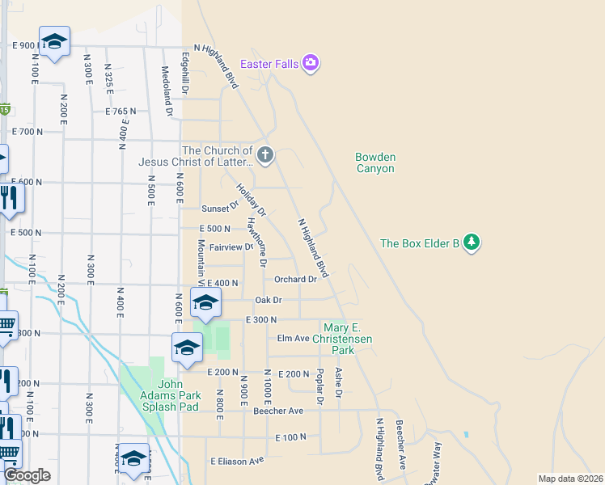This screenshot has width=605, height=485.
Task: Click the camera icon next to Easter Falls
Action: click(311, 63)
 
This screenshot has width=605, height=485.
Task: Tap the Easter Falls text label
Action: click(269, 63)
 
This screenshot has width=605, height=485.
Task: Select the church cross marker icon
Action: click(265, 154)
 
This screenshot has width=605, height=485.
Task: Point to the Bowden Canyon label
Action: click(375, 162)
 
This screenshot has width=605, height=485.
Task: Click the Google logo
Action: click(27, 475)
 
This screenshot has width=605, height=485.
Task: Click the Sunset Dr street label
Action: click(220, 207)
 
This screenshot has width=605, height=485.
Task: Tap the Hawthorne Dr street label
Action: click(256, 242)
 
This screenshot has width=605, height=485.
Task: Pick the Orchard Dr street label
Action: click(295, 280)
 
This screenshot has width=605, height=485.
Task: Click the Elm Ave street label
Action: click(294, 338)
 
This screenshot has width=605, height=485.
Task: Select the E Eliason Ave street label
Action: click(238, 461)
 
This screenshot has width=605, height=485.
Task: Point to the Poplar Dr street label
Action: click(320, 386)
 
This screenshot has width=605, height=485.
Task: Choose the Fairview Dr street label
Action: click(231, 247)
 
